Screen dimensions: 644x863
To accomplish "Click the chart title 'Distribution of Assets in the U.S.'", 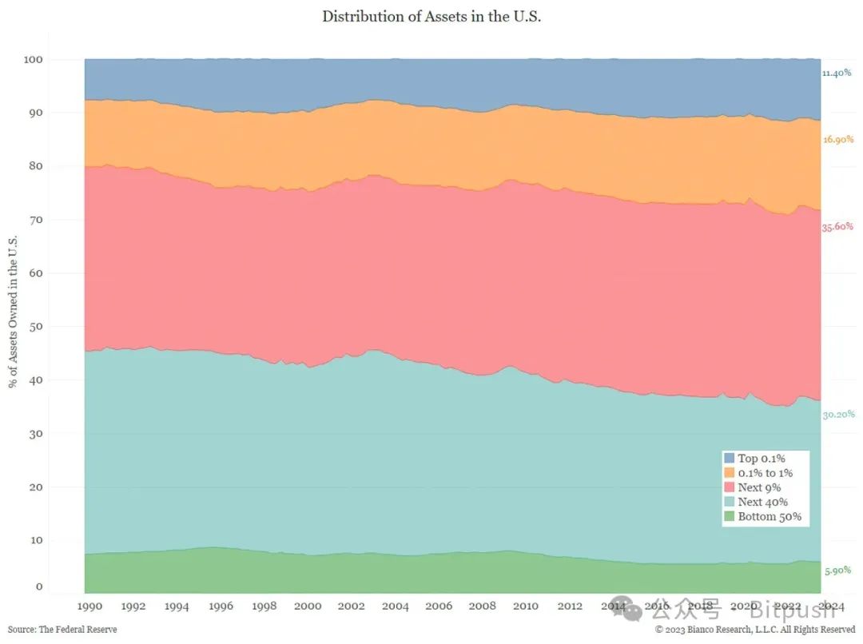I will (x=431, y=16).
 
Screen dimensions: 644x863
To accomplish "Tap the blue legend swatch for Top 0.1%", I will (x=729, y=459).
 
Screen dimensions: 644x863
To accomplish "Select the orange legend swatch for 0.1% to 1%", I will (x=729, y=473).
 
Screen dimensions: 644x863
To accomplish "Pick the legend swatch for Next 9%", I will (x=729, y=487).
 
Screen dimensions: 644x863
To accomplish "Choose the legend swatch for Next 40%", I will (x=729, y=502).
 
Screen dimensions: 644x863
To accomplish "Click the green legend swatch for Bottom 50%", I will (x=729, y=516).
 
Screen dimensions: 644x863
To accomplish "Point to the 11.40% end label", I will (x=837, y=73).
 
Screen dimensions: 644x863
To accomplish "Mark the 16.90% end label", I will (x=837, y=139).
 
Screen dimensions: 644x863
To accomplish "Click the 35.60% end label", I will (x=837, y=227).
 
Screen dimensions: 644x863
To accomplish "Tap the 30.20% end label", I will (x=839, y=414).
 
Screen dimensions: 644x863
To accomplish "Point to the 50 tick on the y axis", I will (x=36, y=327).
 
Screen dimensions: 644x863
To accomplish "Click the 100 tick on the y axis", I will (x=34, y=60).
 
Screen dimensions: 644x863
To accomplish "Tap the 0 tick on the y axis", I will (x=38, y=587).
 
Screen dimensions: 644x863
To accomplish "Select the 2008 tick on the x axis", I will (x=483, y=606).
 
